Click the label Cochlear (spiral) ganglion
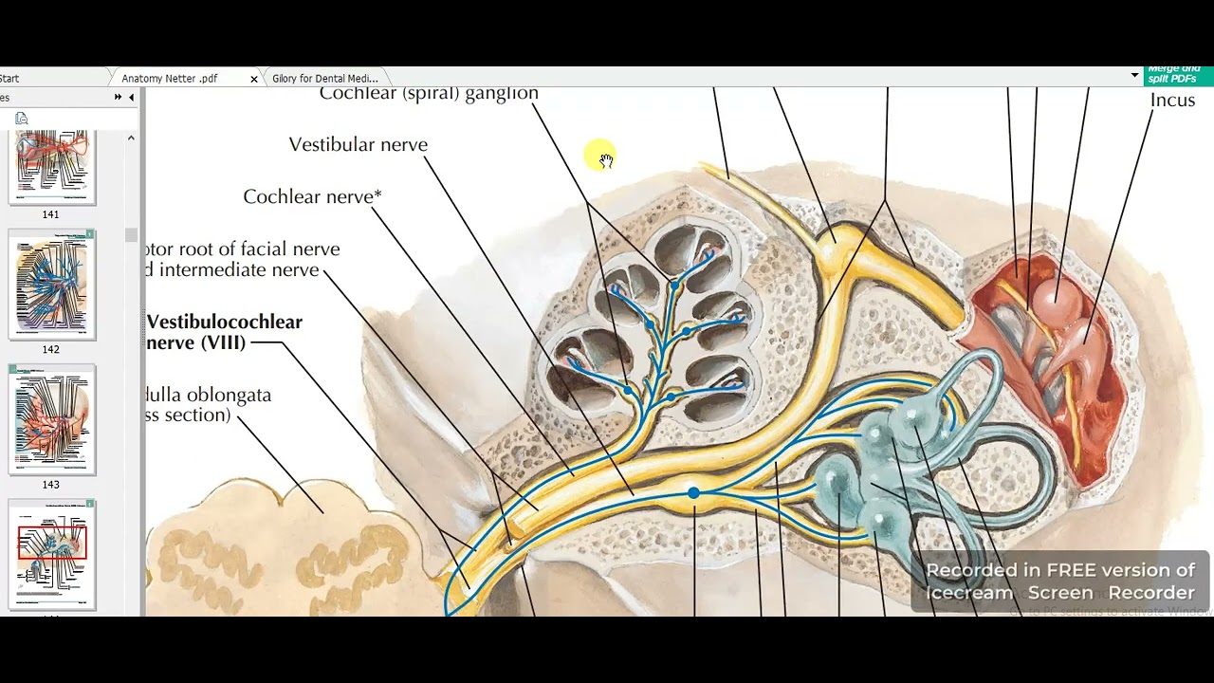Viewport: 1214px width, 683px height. (x=429, y=93)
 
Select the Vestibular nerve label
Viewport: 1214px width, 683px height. (x=358, y=145)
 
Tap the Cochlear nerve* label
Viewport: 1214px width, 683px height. (x=312, y=197)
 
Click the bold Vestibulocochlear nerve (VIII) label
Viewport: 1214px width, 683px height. (x=224, y=332)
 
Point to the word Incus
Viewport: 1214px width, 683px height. (x=1172, y=101)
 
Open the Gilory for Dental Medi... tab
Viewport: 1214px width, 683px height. (x=324, y=79)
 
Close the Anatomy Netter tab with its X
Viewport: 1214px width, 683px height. (x=253, y=79)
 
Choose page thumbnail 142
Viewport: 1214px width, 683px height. (x=51, y=284)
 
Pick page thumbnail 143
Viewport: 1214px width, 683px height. (x=51, y=419)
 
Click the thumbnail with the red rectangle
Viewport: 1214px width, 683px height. (x=51, y=554)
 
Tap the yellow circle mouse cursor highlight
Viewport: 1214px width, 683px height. (x=600, y=156)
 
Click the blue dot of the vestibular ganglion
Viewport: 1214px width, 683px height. (x=694, y=492)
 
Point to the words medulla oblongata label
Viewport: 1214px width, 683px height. (x=209, y=396)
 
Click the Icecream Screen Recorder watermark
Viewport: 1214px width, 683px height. (x=1059, y=581)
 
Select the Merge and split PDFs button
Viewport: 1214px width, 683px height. (x=1174, y=75)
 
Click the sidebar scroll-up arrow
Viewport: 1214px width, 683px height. (x=131, y=138)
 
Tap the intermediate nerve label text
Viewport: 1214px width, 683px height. (x=239, y=270)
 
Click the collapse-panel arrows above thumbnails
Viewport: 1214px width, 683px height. (x=119, y=98)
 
